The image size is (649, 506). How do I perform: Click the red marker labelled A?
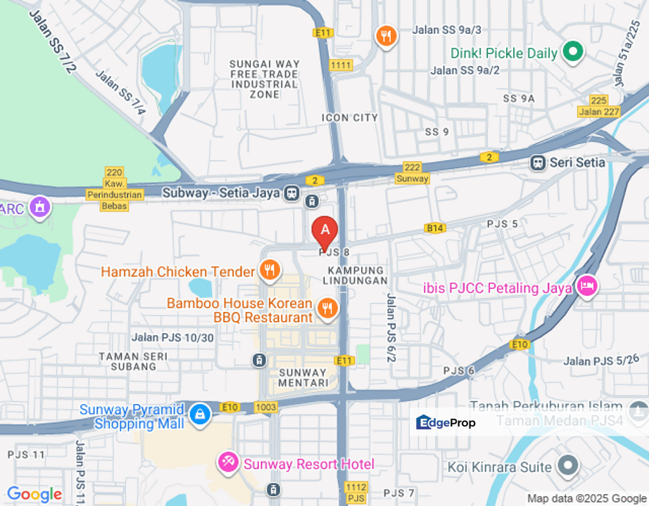[x=324, y=230]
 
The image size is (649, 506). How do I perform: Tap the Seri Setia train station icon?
[x=538, y=162]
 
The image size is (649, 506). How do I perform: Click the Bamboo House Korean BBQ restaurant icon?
[x=326, y=307]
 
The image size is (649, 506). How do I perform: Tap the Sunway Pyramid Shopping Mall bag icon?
[x=200, y=414]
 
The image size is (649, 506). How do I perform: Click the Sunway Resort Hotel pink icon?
[x=228, y=462]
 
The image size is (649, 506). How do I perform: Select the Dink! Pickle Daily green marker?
[x=573, y=51]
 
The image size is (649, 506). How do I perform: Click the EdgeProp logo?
[x=446, y=422]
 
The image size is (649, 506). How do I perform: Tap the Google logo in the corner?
[x=34, y=494]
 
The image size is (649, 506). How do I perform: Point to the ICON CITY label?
[x=350, y=117]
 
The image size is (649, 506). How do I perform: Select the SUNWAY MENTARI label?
[x=303, y=377]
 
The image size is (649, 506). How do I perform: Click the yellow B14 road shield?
[x=435, y=228]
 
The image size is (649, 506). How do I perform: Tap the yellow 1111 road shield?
[x=341, y=65]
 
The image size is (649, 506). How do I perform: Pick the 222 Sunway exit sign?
[x=412, y=173]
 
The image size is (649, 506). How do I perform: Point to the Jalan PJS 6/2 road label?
[x=391, y=327]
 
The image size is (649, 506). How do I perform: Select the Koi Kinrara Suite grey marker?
[x=567, y=465]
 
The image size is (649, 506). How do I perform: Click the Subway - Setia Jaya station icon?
[x=291, y=193]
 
